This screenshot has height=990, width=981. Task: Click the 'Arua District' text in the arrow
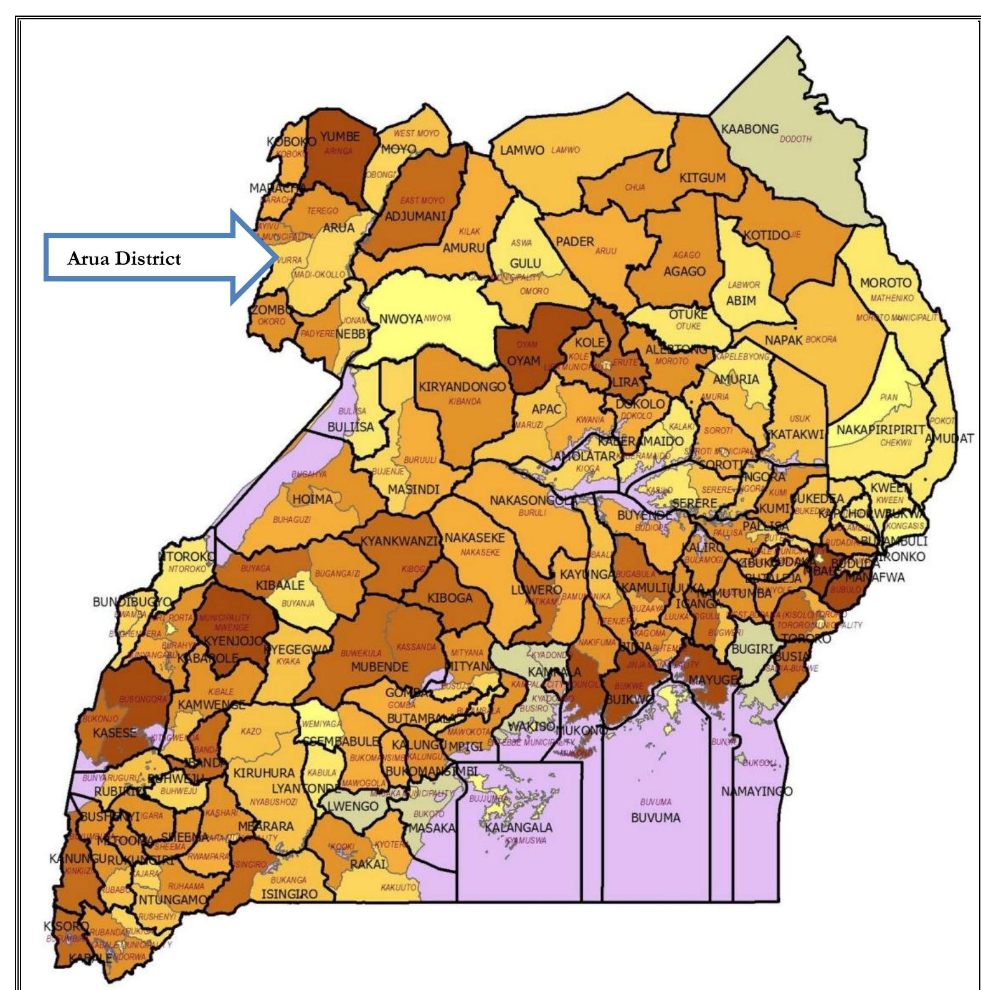124,259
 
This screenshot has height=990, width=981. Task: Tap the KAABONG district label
749,129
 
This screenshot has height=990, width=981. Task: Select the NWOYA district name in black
400,319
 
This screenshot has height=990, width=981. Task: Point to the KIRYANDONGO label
462,387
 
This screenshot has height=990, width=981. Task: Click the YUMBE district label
339,136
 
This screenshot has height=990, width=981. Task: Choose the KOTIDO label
766,236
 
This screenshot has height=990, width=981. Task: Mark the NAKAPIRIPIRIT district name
880,431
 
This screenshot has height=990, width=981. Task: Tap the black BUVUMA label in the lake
655,817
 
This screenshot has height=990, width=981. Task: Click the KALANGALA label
518,827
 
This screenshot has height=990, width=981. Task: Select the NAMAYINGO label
757,791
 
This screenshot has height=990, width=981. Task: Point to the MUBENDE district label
379,667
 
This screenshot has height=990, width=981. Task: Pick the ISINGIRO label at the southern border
288,894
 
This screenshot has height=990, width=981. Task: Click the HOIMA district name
312,499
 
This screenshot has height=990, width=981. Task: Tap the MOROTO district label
885,283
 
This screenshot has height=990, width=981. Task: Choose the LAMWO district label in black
522,151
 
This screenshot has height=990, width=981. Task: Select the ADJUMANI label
415,217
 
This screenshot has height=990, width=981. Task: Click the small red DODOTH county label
795,139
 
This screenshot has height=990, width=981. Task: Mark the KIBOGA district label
450,598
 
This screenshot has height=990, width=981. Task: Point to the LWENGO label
353,806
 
